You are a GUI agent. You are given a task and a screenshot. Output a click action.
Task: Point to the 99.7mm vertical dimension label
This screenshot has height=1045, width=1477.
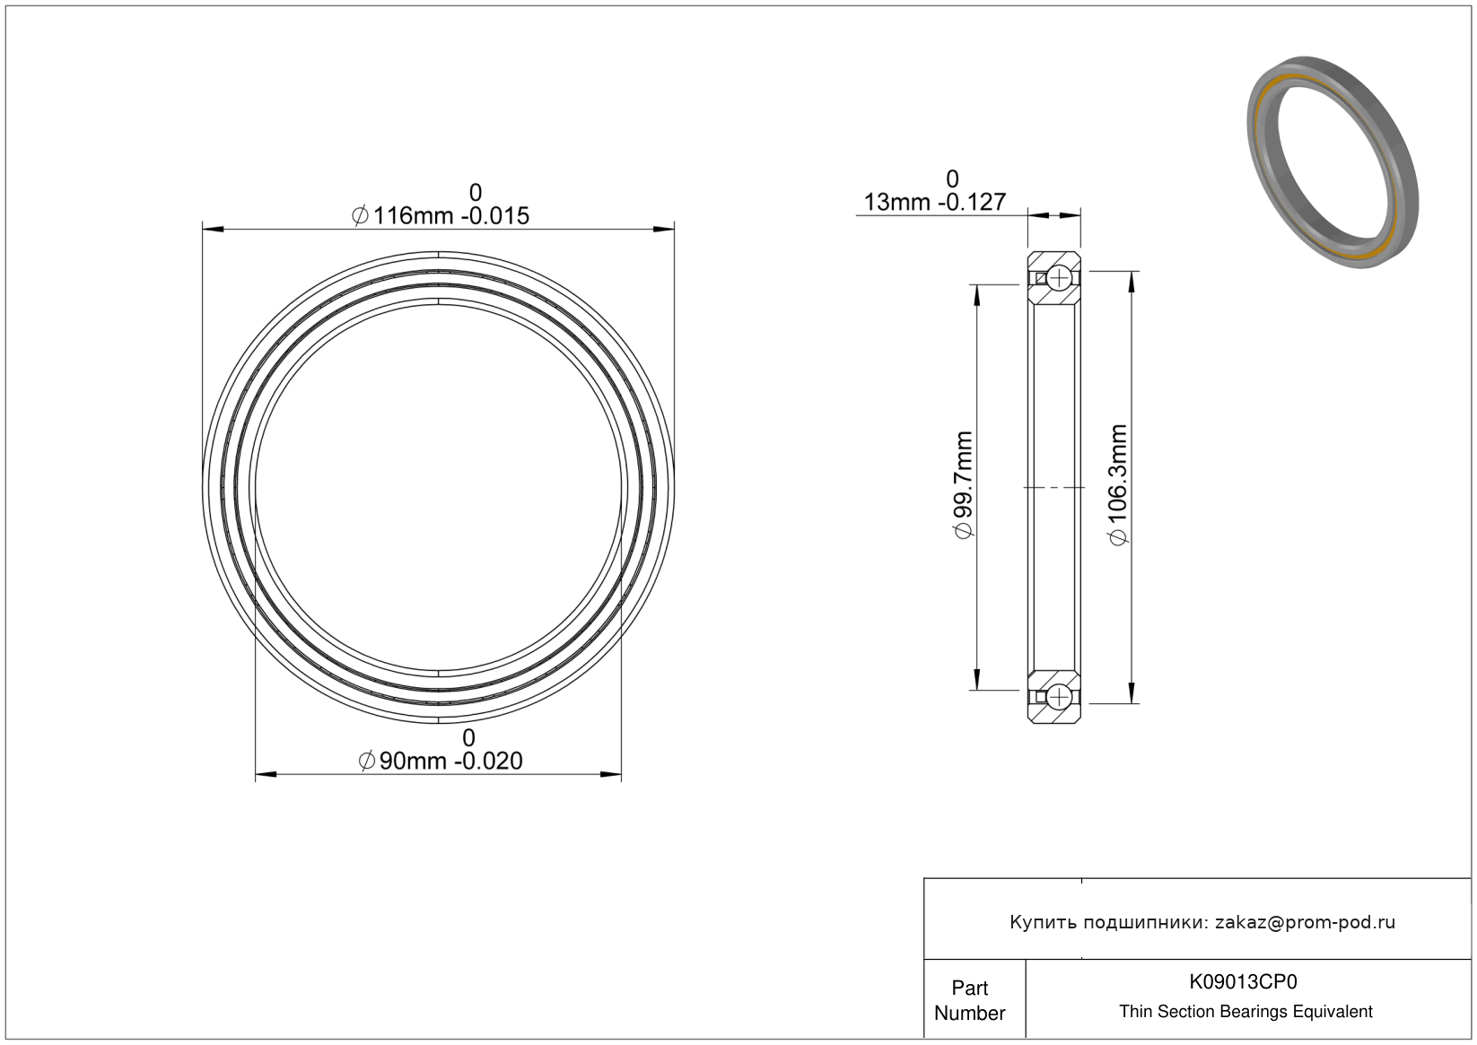click(964, 484)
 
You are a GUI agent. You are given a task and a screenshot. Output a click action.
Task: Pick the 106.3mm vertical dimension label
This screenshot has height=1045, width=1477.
click(1118, 485)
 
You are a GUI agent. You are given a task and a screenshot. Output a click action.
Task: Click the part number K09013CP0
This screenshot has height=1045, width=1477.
click(1243, 981)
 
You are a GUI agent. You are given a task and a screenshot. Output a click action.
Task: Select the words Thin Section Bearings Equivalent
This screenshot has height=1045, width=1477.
click(1245, 1012)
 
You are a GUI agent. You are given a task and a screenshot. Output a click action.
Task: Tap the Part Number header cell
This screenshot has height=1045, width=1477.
click(969, 1000)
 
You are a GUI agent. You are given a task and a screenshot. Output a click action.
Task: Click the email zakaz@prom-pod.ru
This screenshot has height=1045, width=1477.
click(1305, 922)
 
